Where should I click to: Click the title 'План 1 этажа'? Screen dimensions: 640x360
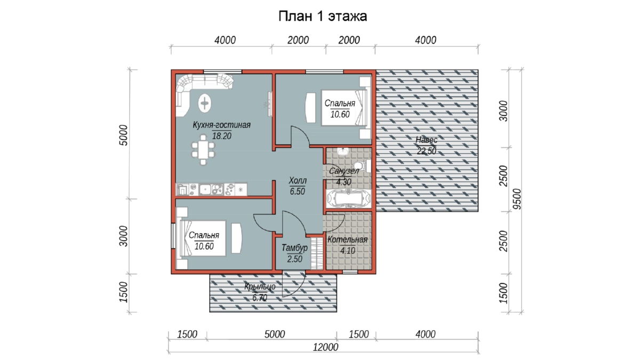pyautogui.click(x=323, y=17)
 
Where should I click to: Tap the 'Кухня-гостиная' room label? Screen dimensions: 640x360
pyautogui.click(x=222, y=125)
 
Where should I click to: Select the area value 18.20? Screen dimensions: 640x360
pyautogui.click(x=222, y=136)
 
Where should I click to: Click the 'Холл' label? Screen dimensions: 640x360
pyautogui.click(x=298, y=181)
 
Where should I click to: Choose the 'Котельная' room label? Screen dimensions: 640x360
pyautogui.click(x=347, y=239)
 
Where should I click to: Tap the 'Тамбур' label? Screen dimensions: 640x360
pyautogui.click(x=294, y=247)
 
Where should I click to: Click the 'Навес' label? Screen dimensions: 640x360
pyautogui.click(x=426, y=140)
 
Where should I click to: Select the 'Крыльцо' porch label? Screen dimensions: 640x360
pyautogui.click(x=260, y=286)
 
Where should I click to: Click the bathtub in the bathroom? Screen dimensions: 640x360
pyautogui.click(x=349, y=198)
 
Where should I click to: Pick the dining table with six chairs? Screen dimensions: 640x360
pyautogui.click(x=203, y=150)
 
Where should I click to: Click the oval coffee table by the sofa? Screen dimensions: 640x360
pyautogui.click(x=205, y=102)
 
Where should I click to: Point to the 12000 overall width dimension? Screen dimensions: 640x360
pyautogui.click(x=325, y=347)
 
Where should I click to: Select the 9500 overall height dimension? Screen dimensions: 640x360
pyautogui.click(x=517, y=199)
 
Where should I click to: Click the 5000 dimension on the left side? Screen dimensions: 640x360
pyautogui.click(x=123, y=135)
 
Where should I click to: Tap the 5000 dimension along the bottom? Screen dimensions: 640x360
pyautogui.click(x=275, y=334)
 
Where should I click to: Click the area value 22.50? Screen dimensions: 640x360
pyautogui.click(x=427, y=151)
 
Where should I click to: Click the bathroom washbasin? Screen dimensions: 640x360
pyautogui.click(x=342, y=151)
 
